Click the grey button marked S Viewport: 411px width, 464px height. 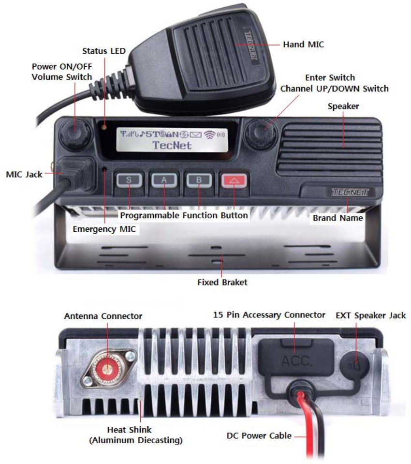129,180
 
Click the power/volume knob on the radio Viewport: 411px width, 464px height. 75,131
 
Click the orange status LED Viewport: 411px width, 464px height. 104,127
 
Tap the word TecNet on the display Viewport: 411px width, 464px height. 172,145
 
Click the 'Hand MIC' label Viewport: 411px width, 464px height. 303,45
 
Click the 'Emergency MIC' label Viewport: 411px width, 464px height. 104,229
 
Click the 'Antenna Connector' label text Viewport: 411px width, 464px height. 103,316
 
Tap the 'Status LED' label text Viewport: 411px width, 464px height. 104,50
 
